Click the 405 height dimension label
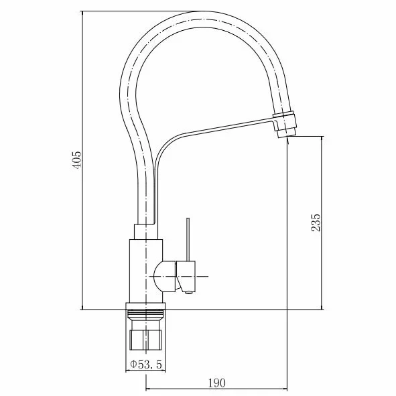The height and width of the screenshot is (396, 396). (76, 159)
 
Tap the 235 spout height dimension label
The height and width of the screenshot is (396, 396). (316, 222)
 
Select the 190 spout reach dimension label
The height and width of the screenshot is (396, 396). (216, 383)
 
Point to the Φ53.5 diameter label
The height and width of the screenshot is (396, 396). (146, 365)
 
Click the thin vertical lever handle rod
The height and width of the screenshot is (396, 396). (188, 239)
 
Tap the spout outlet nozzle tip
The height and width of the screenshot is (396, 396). (287, 133)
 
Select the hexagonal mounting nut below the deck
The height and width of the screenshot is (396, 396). (145, 340)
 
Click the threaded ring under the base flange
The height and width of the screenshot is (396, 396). (145, 315)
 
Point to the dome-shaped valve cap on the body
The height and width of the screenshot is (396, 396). (164, 277)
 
